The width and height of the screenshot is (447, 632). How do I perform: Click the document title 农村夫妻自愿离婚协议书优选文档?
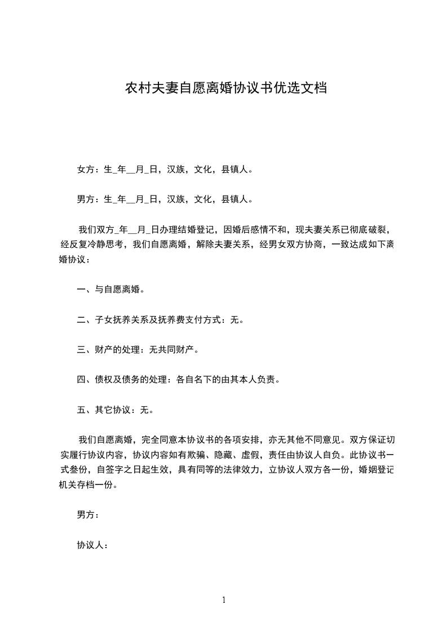225,88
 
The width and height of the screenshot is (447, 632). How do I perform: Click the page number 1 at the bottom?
224,600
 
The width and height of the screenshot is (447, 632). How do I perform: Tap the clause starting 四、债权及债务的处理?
178,380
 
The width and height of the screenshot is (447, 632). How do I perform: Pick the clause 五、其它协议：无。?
115,410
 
